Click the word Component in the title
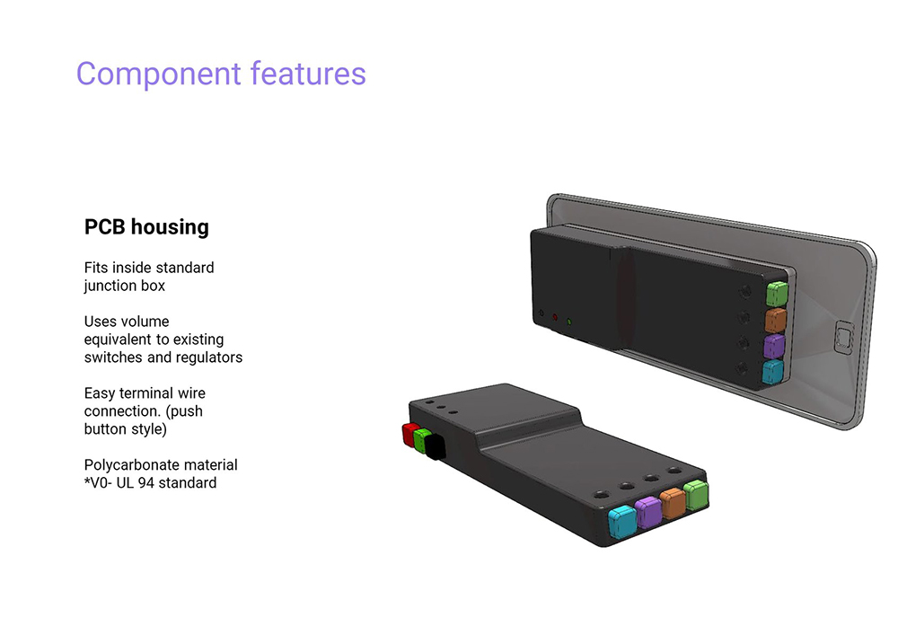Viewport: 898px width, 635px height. click(159, 75)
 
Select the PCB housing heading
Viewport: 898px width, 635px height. click(146, 226)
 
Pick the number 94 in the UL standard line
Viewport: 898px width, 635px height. click(146, 482)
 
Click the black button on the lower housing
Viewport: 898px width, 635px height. click(435, 446)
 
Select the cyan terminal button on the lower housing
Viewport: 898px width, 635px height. click(622, 522)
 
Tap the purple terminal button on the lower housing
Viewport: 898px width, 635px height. click(648, 512)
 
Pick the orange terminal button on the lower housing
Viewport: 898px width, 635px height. click(673, 503)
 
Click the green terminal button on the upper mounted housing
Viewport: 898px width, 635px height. click(777, 294)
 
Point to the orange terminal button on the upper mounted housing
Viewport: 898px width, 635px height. click(776, 320)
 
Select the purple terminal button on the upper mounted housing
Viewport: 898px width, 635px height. click(774, 347)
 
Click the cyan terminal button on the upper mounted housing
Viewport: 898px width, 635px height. click(772, 372)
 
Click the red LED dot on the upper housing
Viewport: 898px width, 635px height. click(554, 317)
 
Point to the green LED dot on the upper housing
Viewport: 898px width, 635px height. click(568, 322)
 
